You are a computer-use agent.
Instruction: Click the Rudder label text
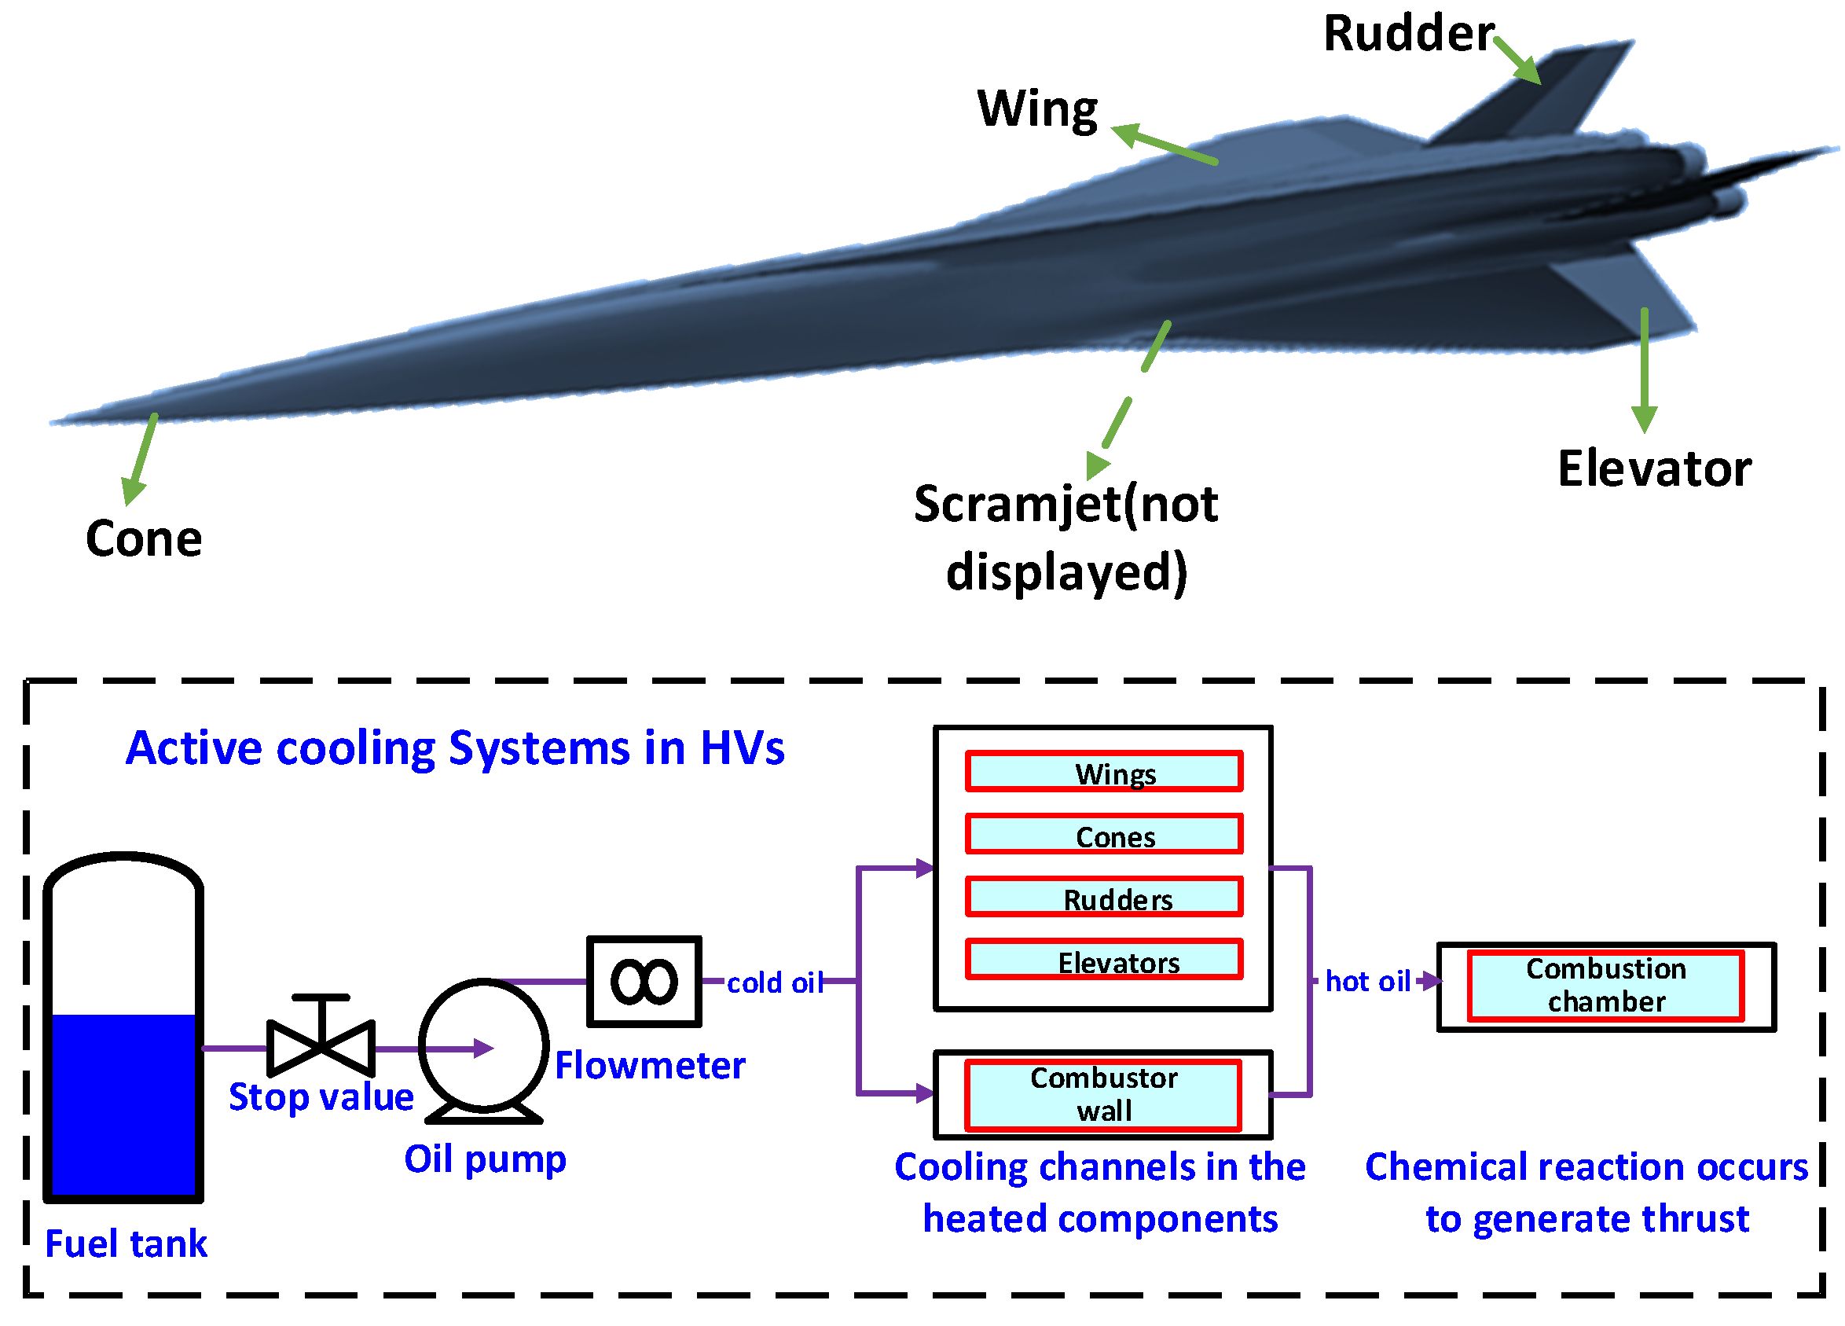1407,34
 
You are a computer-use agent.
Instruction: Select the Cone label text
144,538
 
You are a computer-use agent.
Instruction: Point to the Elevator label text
1654,469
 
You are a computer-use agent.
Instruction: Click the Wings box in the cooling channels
1104,772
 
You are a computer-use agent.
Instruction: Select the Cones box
1104,835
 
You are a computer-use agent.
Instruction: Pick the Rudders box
1104,898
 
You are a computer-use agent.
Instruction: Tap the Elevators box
1104,960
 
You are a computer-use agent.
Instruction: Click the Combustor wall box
1102,1095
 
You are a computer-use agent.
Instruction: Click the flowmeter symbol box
644,982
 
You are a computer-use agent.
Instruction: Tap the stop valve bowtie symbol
321,1047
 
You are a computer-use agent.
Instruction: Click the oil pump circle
484,1045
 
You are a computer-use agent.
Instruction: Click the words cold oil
774,983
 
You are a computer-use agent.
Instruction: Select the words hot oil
1366,981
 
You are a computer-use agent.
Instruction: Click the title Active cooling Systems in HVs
455,748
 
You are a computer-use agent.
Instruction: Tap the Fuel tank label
126,1243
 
